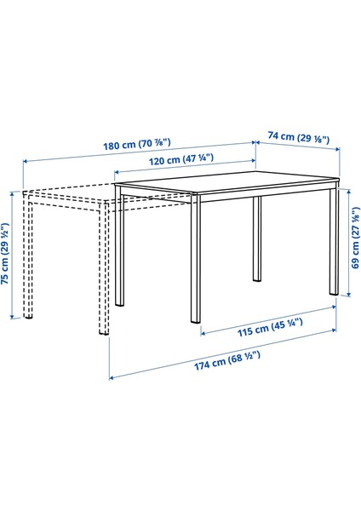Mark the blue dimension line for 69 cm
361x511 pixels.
350,241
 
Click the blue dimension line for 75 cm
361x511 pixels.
14,255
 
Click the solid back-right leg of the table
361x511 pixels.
256,238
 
